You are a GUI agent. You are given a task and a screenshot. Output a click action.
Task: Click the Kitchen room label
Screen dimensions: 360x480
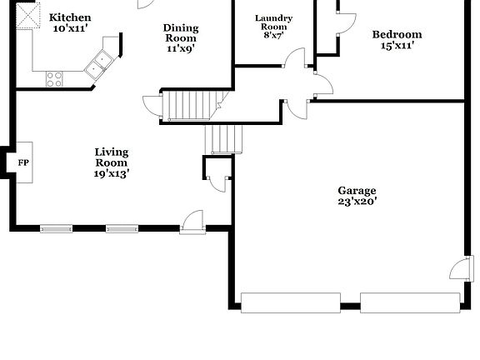click(x=70, y=17)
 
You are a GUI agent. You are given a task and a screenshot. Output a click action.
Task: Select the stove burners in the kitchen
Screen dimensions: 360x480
click(x=54, y=78)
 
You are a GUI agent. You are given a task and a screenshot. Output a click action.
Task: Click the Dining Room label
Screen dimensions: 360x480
click(x=180, y=32)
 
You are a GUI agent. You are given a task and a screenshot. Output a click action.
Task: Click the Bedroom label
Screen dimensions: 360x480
click(x=397, y=34)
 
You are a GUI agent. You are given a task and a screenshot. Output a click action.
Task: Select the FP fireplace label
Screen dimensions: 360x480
click(x=23, y=163)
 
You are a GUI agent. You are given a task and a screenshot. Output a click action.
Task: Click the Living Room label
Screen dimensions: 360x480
click(x=111, y=157)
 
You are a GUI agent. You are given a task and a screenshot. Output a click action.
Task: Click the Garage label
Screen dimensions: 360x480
click(x=357, y=190)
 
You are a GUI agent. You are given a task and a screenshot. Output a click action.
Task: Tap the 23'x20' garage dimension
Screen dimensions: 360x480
click(x=357, y=201)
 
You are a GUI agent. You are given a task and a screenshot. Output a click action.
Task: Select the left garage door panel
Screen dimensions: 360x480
click(x=288, y=302)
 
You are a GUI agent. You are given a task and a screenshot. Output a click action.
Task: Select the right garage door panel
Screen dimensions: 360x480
click(x=409, y=302)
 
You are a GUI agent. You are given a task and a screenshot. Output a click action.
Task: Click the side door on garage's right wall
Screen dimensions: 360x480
click(x=459, y=269)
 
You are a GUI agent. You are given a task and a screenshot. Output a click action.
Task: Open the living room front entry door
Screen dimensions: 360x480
click(x=192, y=220)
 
